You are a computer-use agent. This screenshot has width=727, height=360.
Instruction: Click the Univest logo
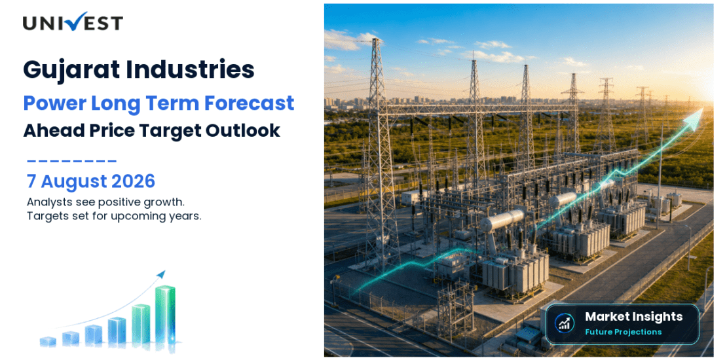tap(73, 22)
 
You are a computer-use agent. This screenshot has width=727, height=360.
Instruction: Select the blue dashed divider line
tap(72, 161)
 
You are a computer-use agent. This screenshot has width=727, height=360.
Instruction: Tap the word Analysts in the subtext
tap(46, 202)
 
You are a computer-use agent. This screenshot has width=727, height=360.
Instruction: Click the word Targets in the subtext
tap(44, 217)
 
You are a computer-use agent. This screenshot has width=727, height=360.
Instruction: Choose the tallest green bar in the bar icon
tap(165, 315)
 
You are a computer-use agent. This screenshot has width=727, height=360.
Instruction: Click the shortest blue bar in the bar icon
tap(48, 341)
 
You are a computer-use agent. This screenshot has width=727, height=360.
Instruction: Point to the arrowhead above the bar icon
tap(161, 274)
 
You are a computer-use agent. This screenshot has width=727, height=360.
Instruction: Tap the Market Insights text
tap(633, 317)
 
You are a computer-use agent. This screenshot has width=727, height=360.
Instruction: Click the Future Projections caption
tap(623, 332)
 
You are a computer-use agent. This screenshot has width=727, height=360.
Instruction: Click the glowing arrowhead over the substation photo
tap(694, 117)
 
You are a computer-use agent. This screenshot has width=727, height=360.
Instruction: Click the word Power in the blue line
tap(50, 102)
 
